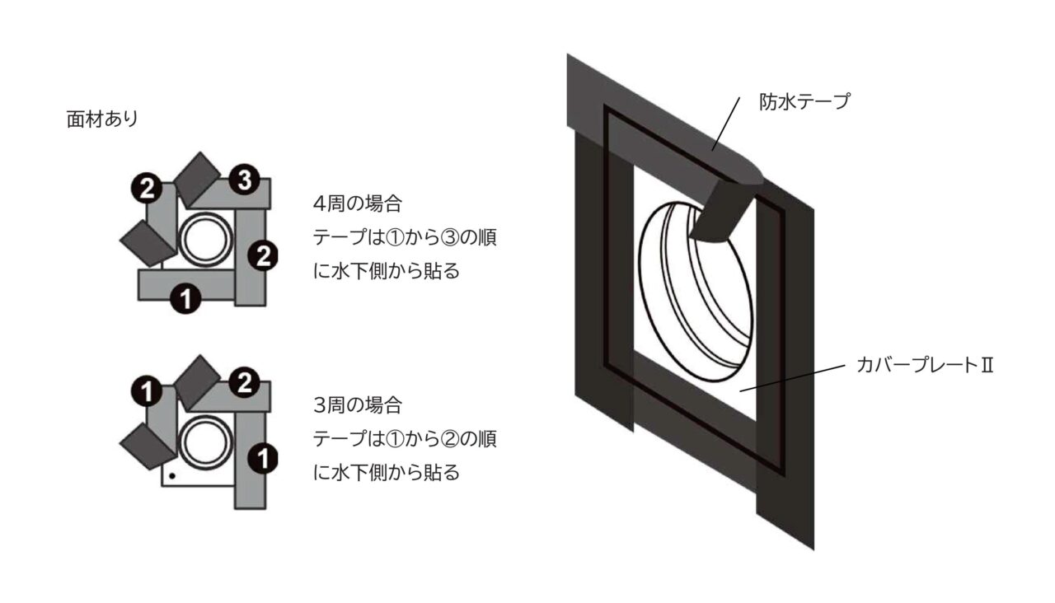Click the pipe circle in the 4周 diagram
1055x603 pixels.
(202, 241)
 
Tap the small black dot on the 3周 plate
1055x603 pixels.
(171, 475)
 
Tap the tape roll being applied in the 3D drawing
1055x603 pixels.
(722, 206)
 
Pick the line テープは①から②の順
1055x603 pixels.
(405, 439)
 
